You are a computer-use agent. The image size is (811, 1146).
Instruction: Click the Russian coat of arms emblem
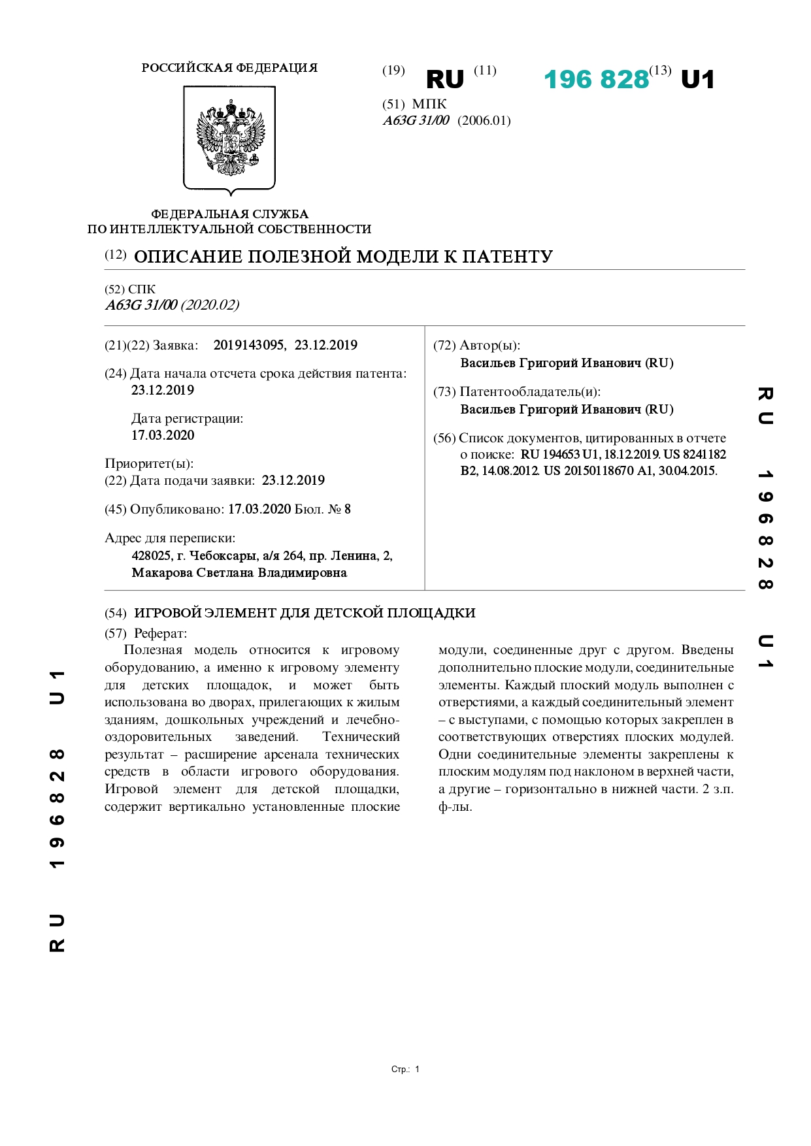(230, 139)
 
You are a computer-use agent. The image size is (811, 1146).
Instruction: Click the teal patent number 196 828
(596, 80)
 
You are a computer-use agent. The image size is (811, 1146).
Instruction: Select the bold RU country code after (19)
(444, 80)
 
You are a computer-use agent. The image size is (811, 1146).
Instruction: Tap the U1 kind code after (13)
(697, 80)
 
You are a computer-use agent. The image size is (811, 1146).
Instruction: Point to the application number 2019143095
(249, 346)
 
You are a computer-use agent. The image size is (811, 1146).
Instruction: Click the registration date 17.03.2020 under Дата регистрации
(163, 435)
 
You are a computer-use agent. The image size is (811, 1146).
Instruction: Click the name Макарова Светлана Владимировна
(239, 573)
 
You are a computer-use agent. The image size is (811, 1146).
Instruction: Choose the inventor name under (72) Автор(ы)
(566, 363)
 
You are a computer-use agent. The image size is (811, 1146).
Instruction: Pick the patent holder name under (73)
(566, 410)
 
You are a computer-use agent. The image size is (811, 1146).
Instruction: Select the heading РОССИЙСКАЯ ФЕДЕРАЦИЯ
(229, 68)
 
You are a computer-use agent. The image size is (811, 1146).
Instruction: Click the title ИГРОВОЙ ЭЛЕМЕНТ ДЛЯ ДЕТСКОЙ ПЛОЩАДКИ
(305, 614)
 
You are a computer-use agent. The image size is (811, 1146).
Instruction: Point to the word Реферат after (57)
(160, 634)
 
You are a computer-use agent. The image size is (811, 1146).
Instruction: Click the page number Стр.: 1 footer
(405, 1069)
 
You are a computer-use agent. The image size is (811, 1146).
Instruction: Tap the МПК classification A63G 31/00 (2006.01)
(446, 121)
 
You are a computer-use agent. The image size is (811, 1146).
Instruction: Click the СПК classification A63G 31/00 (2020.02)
(173, 305)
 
